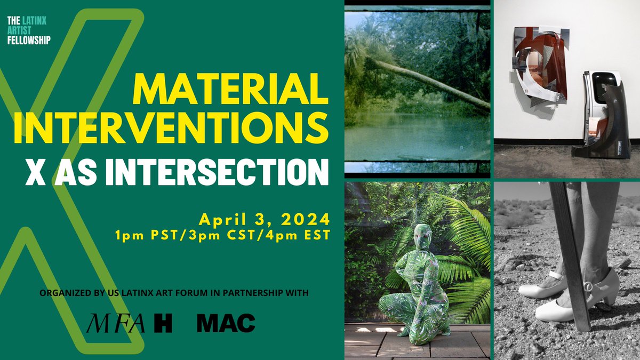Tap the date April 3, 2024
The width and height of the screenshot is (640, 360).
pyautogui.click(x=263, y=219)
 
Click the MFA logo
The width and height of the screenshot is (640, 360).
pyautogui.click(x=117, y=323)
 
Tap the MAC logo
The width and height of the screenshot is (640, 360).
pyautogui.click(x=226, y=323)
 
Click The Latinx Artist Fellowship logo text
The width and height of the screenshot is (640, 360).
pyautogui.click(x=29, y=30)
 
